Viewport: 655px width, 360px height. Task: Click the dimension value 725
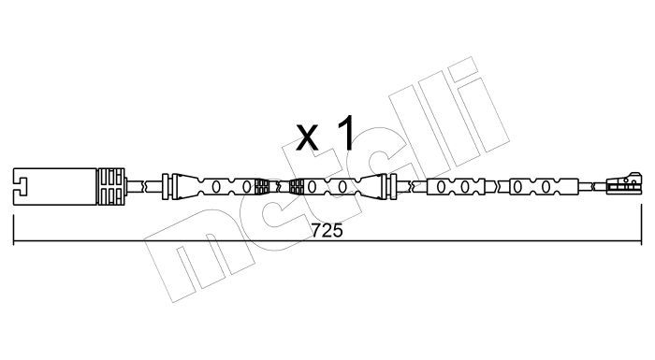(327, 231)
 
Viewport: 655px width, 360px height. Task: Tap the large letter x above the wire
(308, 137)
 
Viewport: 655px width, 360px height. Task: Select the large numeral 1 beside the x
(346, 133)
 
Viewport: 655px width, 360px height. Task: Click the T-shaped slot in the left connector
(20, 186)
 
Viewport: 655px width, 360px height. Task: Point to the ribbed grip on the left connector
(110, 186)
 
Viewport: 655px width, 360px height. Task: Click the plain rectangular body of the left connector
(55, 186)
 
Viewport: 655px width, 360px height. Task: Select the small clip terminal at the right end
(623, 184)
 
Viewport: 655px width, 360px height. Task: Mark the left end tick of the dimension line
(14, 230)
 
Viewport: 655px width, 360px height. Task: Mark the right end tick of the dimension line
(641, 224)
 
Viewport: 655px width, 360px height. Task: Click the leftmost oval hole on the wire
(216, 187)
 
